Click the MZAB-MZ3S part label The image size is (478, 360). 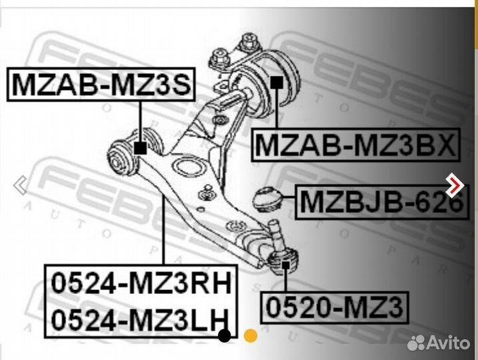click(x=101, y=85)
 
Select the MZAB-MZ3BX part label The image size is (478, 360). click(x=355, y=145)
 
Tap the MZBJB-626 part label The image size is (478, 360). click(x=382, y=202)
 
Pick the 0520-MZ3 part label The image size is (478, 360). click(x=335, y=307)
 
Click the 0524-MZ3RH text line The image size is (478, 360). click(x=141, y=283)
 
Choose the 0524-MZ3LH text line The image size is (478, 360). click(x=140, y=319)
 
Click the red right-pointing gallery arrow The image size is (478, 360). click(x=455, y=185)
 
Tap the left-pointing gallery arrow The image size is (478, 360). click(x=21, y=185)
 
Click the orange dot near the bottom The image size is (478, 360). click(x=251, y=335)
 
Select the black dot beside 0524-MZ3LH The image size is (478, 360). click(x=225, y=335)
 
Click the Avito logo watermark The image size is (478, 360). click(x=439, y=343)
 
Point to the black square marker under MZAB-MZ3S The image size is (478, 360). click(x=140, y=148)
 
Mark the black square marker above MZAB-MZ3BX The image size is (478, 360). click(x=277, y=82)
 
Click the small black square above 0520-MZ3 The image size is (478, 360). click(x=285, y=265)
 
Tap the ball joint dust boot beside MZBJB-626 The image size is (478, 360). click(x=267, y=199)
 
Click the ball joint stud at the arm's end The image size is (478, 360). click(x=278, y=235)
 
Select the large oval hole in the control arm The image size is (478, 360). click(x=188, y=167)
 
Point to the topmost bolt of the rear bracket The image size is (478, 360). click(x=250, y=42)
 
